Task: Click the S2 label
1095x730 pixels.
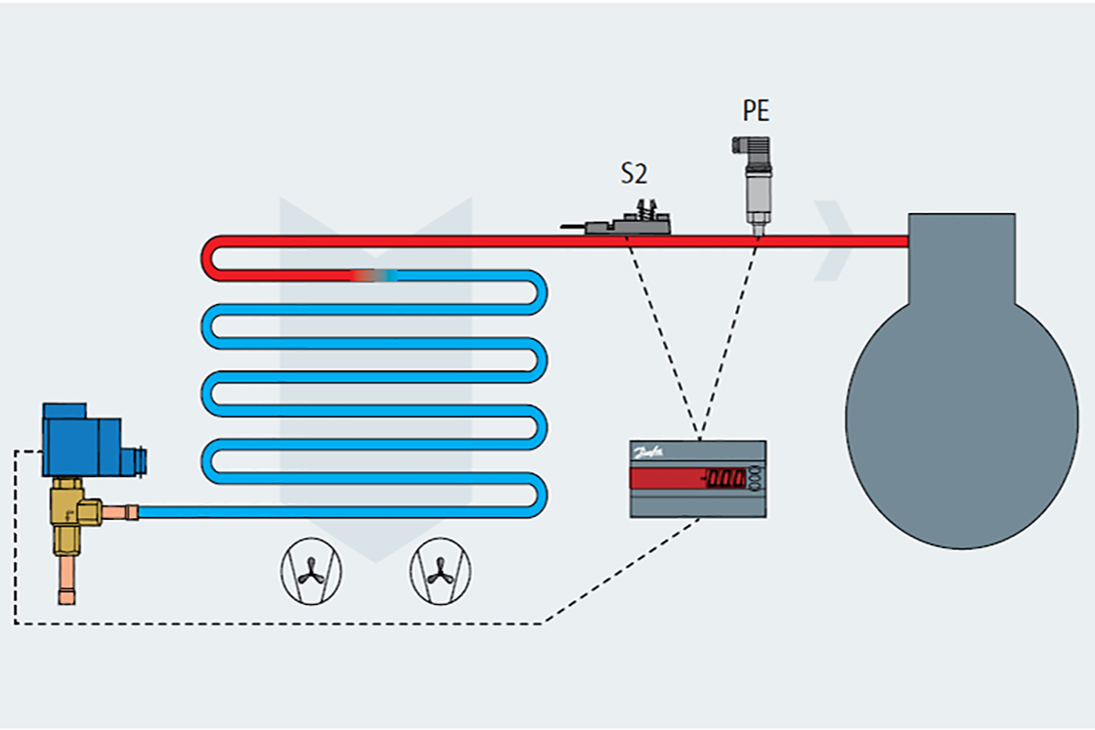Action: click(x=635, y=174)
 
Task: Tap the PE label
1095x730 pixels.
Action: click(x=756, y=111)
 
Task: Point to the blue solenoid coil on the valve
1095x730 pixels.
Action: click(x=82, y=439)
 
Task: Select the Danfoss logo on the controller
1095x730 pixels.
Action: click(x=650, y=452)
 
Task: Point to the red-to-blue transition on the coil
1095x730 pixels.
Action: click(x=376, y=277)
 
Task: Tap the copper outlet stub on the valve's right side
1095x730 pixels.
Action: click(x=121, y=511)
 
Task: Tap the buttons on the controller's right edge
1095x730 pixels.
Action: click(x=757, y=478)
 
